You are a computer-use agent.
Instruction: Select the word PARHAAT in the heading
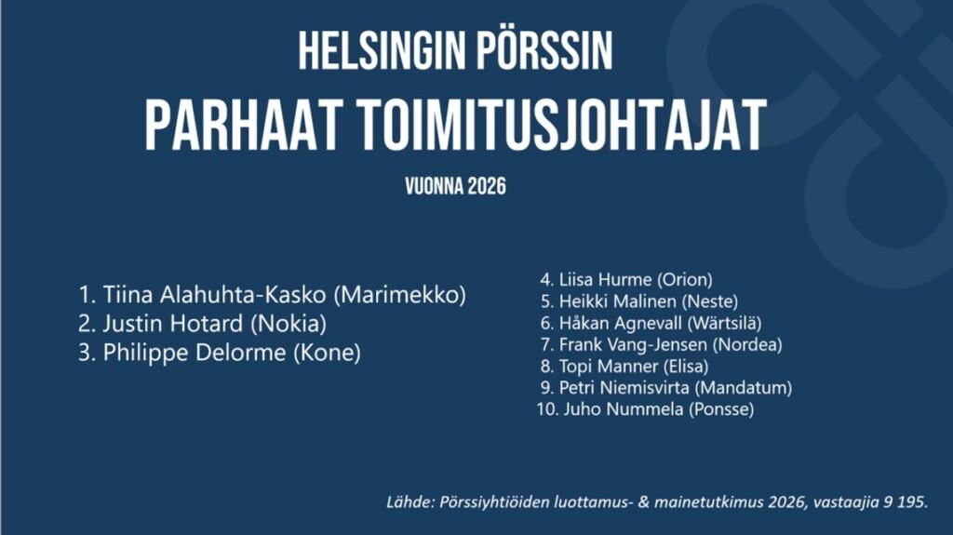[241, 126]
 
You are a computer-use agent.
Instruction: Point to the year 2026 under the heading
[487, 186]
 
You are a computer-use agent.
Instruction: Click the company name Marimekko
[400, 295]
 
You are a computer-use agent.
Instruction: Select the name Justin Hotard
[172, 324]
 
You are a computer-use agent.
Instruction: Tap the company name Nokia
[289, 324]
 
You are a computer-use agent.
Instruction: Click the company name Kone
[327, 353]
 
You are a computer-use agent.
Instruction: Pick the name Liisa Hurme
[605, 280]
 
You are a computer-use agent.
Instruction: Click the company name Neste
[710, 301]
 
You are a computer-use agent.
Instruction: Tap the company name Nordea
[747, 344]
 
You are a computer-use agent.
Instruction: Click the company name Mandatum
[744, 388]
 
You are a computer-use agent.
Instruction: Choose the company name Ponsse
[721, 409]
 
